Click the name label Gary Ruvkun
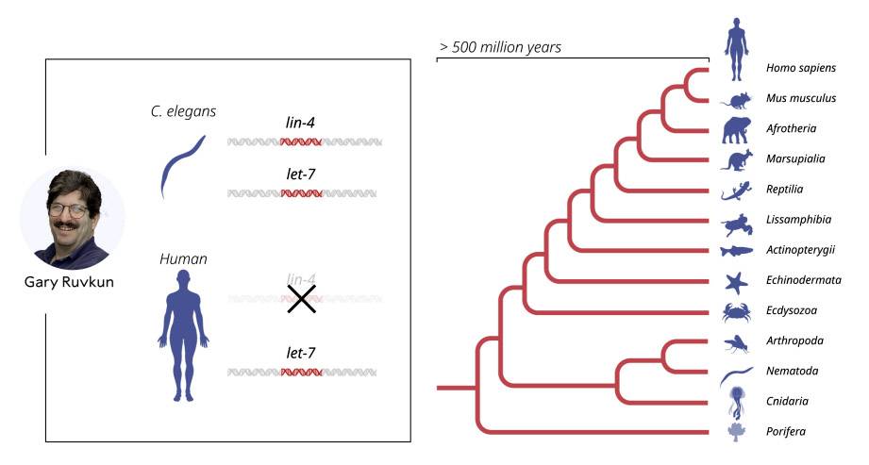69,282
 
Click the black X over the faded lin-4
302,299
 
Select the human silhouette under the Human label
183,336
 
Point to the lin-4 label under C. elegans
300,123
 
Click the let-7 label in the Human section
301,353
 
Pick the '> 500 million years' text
500,47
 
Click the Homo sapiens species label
801,68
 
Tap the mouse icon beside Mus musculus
737,101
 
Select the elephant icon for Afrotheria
737,130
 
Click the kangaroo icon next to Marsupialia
737,160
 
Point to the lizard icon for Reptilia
737,191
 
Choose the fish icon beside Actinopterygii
737,251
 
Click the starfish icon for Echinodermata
737,283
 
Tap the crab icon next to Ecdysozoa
737,312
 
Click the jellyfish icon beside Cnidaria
736,403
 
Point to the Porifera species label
786,431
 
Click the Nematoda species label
792,371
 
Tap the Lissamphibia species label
798,220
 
